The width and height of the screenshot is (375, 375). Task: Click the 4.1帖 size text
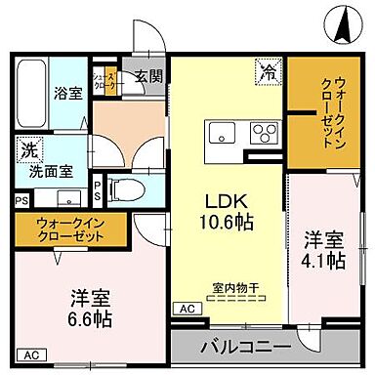pos(322,261)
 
